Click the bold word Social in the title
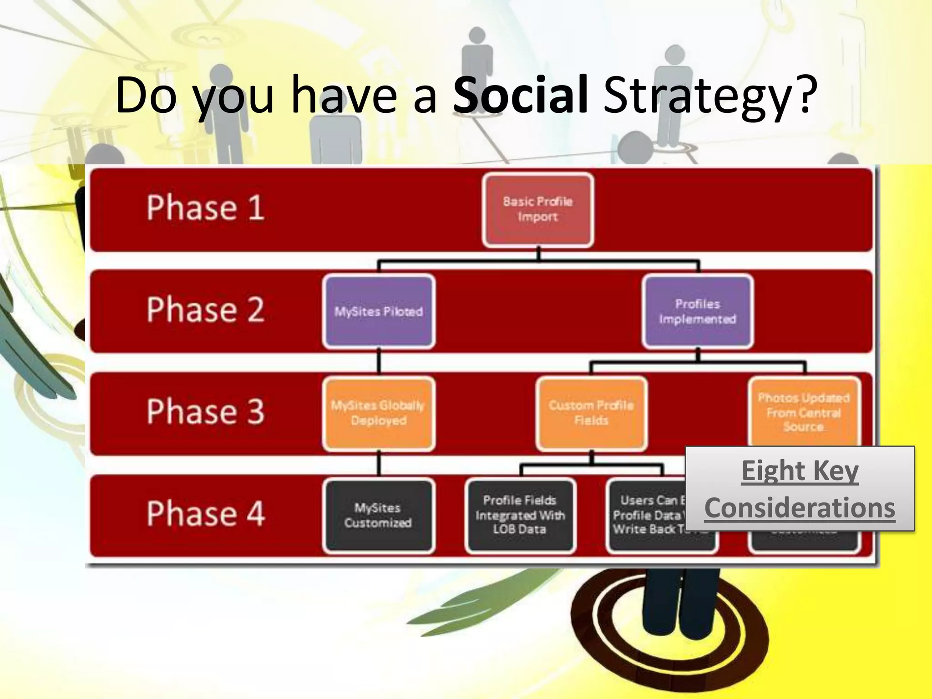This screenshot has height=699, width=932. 520,96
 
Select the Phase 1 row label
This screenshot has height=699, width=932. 205,208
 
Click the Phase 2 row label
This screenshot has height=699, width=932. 205,310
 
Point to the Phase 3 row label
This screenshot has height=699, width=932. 205,412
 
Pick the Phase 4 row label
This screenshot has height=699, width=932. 205,514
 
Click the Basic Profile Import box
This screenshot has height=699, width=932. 538,209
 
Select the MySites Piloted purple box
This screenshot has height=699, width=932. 379,312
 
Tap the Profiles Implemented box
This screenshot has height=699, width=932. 698,312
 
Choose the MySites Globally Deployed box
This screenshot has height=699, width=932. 379,413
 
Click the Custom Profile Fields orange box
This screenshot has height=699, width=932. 591,413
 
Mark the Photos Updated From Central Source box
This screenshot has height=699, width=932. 804,412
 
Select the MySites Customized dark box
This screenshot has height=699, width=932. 378,515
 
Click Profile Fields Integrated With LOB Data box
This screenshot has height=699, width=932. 520,515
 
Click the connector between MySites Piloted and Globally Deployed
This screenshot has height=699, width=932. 379,363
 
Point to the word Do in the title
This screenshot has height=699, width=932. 146,96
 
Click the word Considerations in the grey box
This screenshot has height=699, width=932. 800,508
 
